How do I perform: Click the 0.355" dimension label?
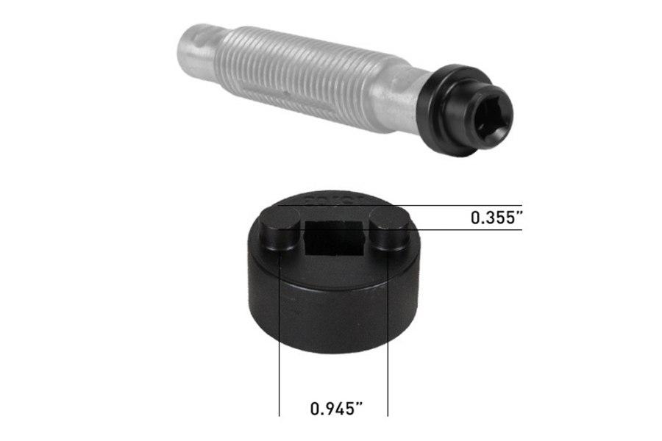(x=496, y=218)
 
